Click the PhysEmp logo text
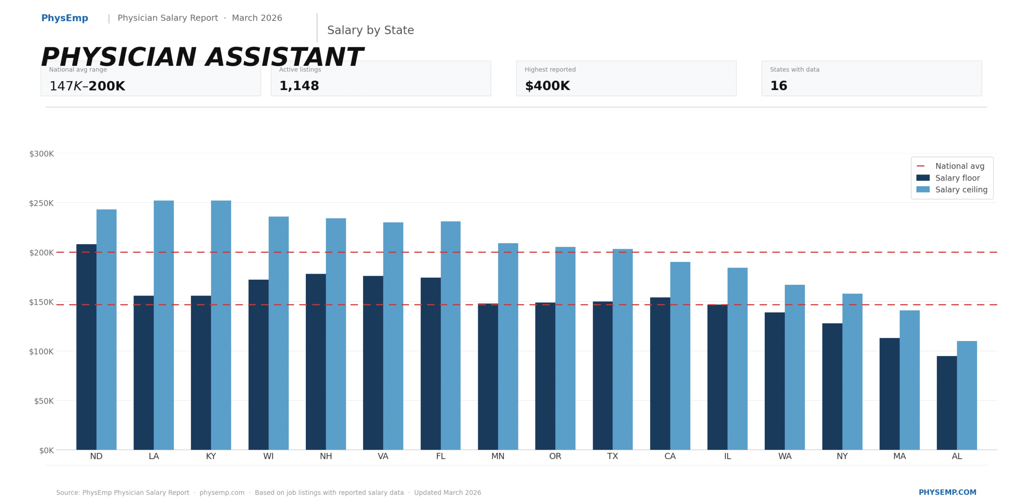(65, 18)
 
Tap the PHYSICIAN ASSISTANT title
(202, 57)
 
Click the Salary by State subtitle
(370, 30)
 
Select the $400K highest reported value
(547, 86)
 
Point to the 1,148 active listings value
(299, 86)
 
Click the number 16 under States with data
(778, 86)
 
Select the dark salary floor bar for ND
(86, 347)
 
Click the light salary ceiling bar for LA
(163, 325)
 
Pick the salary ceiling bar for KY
(221, 325)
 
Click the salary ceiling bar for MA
(909, 379)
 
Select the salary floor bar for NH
(316, 361)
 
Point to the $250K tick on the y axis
(41, 203)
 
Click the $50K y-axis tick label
(44, 401)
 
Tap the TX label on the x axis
(612, 456)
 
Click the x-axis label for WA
(784, 456)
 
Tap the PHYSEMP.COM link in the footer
(947, 492)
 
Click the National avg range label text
(78, 69)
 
